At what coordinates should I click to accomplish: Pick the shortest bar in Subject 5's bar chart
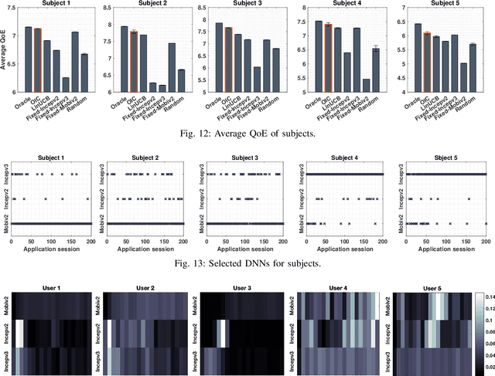point(464,77)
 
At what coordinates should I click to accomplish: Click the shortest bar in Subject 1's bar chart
point(66,84)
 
